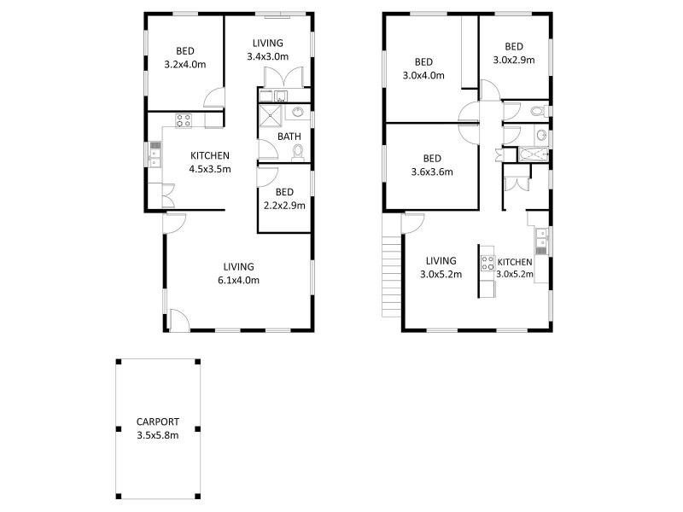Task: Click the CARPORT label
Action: pyautogui.click(x=158, y=422)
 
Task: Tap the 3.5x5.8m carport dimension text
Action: pyautogui.click(x=158, y=434)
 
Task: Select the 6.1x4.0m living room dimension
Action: pyautogui.click(x=239, y=279)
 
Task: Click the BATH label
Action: pyautogui.click(x=289, y=137)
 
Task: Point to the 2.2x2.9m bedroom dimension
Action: pyautogui.click(x=284, y=205)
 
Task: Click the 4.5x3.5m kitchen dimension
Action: pyautogui.click(x=210, y=169)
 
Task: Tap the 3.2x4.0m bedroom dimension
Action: pyautogui.click(x=184, y=63)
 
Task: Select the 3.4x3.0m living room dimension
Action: pyautogui.click(x=267, y=56)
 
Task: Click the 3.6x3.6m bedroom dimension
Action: pyautogui.click(x=432, y=172)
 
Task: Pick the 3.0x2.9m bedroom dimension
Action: pyautogui.click(x=513, y=60)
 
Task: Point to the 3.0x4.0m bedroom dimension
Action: pyautogui.click(x=424, y=74)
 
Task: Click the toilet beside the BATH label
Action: pyautogui.click(x=297, y=152)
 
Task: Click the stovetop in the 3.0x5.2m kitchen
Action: pyautogui.click(x=487, y=263)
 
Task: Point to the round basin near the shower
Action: pyautogui.click(x=298, y=112)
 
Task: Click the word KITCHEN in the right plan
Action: pyautogui.click(x=516, y=262)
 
